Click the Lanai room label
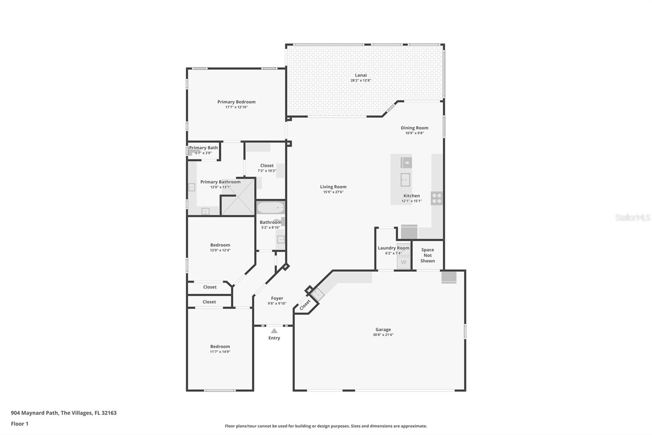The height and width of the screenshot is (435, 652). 361,75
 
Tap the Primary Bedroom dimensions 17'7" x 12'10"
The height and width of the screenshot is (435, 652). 236,107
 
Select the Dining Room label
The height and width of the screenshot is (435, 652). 414,128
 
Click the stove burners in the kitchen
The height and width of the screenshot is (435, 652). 436,198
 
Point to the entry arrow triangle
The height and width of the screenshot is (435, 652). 274,331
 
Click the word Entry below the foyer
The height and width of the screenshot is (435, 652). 274,338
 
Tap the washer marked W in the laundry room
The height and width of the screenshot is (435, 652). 404,262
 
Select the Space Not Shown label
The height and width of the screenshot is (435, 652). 427,255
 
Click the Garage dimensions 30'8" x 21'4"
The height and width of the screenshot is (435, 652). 383,335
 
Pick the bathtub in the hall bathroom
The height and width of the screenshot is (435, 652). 271,208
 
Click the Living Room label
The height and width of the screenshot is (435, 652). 333,186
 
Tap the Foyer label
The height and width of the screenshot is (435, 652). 277,298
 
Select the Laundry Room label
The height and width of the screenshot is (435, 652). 394,248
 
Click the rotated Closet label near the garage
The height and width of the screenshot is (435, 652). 305,305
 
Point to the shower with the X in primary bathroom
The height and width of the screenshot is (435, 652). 238,198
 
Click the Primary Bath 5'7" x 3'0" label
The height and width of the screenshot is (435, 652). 203,150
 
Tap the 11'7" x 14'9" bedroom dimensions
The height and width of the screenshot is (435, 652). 220,352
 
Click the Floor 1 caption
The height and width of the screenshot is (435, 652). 20,424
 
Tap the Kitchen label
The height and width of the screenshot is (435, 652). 412,195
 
